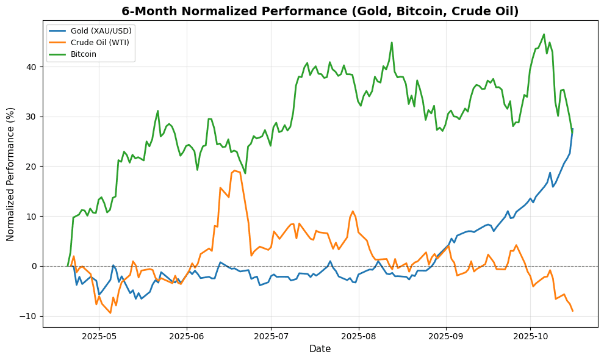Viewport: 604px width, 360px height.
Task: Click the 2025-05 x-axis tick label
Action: (x=99, y=336)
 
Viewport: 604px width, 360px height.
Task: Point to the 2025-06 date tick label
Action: (x=186, y=336)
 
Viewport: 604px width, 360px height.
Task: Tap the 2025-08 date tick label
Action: (x=358, y=336)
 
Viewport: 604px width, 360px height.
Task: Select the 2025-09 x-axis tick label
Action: (x=445, y=336)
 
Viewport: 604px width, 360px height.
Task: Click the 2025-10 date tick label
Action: (x=530, y=336)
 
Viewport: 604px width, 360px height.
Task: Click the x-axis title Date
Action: (x=320, y=349)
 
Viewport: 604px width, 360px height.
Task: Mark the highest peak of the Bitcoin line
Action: (x=544, y=34)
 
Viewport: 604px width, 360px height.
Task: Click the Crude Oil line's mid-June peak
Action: (x=235, y=171)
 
